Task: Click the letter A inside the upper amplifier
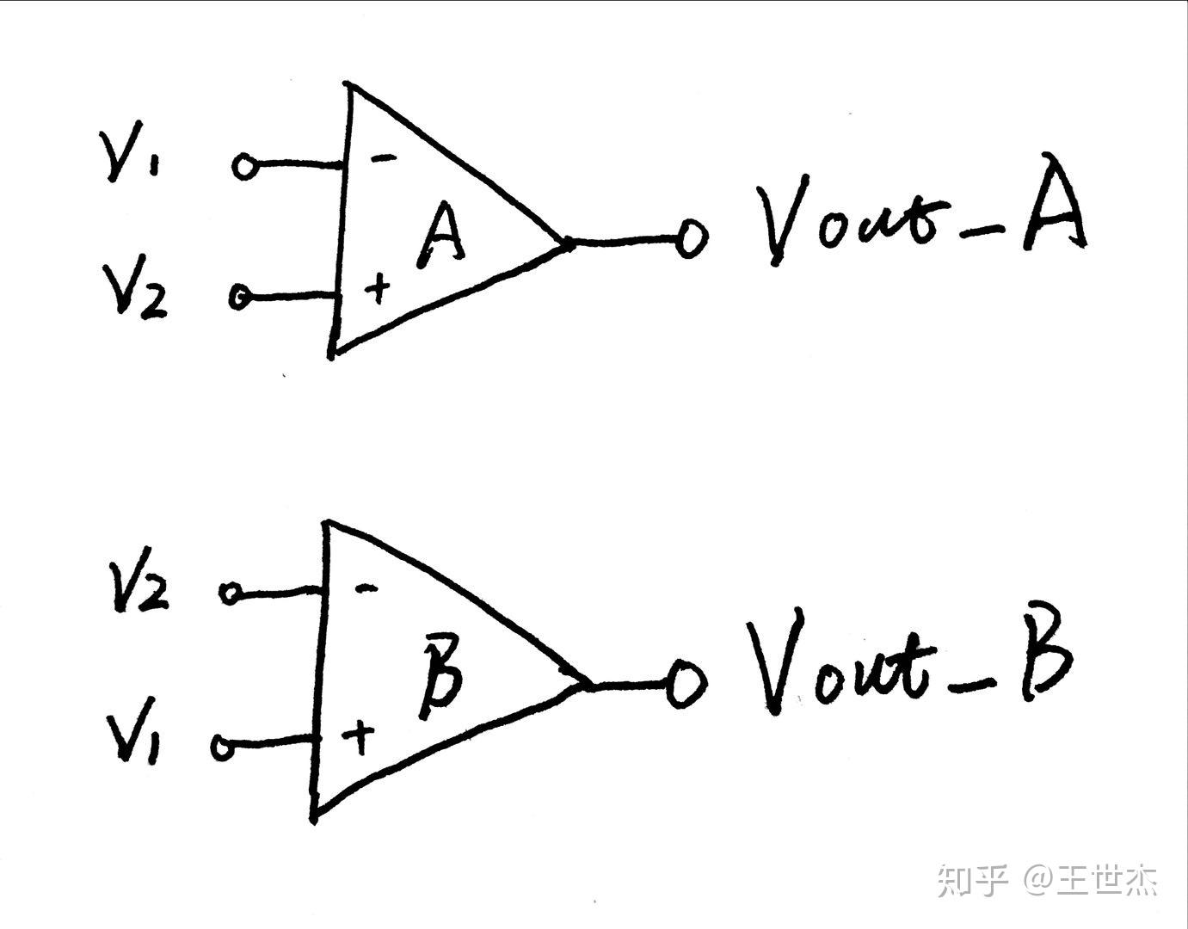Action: pyautogui.click(x=441, y=234)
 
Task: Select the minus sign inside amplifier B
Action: pyautogui.click(x=366, y=588)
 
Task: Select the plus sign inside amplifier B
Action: pyautogui.click(x=359, y=736)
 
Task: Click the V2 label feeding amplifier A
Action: pyautogui.click(x=135, y=291)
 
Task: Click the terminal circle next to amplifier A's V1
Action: pyautogui.click(x=244, y=166)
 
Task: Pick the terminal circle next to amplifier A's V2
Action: pyautogui.click(x=240, y=297)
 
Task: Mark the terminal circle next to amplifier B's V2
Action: pyautogui.click(x=231, y=593)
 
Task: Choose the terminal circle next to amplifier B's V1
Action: pyautogui.click(x=223, y=747)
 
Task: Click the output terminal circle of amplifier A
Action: pyautogui.click(x=690, y=239)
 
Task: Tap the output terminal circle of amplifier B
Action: pyautogui.click(x=686, y=684)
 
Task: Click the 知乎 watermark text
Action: pyautogui.click(x=971, y=880)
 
